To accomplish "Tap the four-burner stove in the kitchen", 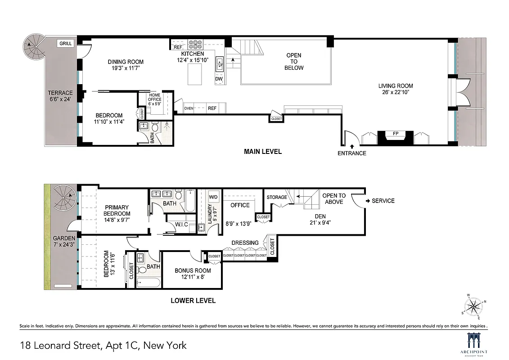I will click(x=196, y=45).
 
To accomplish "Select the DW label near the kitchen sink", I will click(x=219, y=79).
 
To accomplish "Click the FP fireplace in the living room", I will click(x=396, y=134).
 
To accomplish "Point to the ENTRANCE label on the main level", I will click(x=352, y=153).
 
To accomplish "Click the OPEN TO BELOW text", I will click(x=294, y=62).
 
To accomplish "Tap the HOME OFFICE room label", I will click(x=155, y=96).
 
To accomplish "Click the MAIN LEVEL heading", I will click(x=263, y=152).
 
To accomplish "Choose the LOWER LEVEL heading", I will click(x=193, y=301).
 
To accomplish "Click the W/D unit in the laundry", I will click(x=214, y=197).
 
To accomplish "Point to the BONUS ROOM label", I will click(x=193, y=271).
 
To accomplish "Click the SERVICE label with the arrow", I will click(x=380, y=201).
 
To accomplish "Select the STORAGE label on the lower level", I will click(x=277, y=197).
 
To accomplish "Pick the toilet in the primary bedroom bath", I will click(x=178, y=195).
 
